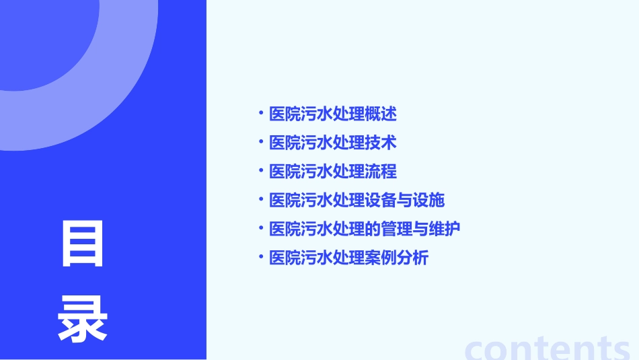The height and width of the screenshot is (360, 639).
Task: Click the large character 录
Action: coord(83,320)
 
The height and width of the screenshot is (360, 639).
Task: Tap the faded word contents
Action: coord(548,348)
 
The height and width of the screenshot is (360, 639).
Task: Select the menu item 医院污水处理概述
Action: coord(333,114)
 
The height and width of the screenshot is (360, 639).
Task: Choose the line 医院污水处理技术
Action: coord(333,143)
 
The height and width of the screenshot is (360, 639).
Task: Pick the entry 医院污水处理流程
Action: coord(333,172)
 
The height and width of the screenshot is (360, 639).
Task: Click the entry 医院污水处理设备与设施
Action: coord(356,200)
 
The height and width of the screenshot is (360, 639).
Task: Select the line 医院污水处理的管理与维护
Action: coord(365,229)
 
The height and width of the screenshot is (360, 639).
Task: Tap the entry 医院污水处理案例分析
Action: coord(348,258)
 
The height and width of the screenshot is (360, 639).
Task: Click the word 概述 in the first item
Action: coord(381,114)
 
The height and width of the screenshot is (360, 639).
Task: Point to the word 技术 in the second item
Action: coord(381,143)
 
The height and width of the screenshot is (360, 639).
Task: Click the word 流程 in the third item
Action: coord(381,172)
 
